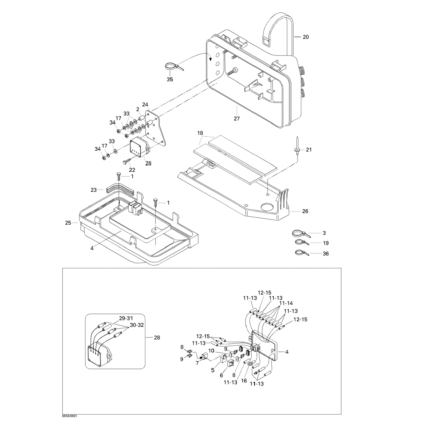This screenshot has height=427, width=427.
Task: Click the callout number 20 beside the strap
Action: [x=305, y=37]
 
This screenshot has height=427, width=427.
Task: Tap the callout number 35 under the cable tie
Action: [x=170, y=79]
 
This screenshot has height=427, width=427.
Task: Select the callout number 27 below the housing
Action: [x=237, y=118]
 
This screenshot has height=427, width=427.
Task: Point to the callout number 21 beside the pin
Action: [x=309, y=149]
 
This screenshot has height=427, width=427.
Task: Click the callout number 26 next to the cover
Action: [x=305, y=211]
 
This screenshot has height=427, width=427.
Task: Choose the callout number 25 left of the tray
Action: [x=68, y=223]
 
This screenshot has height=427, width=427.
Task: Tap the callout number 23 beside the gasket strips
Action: [x=94, y=190]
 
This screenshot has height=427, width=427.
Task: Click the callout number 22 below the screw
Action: [x=132, y=170]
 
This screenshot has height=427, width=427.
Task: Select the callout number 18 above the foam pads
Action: [x=200, y=133]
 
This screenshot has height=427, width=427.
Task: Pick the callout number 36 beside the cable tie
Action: [x=326, y=253]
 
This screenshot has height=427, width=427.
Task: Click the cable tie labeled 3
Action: [x=299, y=234]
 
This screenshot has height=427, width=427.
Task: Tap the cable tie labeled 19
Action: [x=301, y=243]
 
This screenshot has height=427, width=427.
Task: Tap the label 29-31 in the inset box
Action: [x=126, y=318]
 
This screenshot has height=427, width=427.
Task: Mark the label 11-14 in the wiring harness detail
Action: [x=286, y=303]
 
